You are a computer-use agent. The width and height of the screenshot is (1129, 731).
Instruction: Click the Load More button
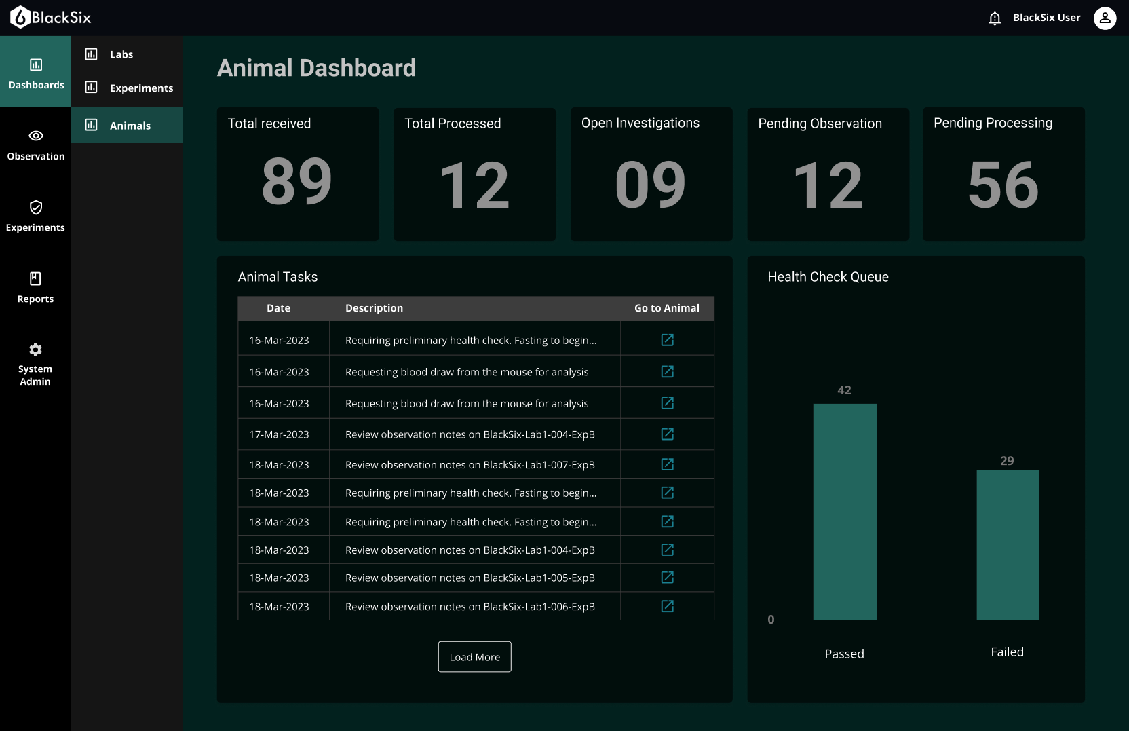click(x=474, y=657)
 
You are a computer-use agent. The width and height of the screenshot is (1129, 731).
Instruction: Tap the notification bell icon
click(x=995, y=18)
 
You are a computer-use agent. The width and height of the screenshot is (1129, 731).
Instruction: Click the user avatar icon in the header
click(x=1105, y=18)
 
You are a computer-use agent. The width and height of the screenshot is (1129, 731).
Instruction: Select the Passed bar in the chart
click(x=845, y=512)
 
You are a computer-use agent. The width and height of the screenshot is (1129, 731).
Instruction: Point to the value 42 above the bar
click(x=844, y=390)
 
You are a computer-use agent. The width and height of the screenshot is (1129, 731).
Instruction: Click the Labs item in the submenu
click(x=121, y=54)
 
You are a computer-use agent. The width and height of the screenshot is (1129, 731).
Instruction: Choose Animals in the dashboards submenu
click(x=130, y=126)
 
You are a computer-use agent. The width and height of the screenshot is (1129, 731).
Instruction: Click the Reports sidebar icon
click(x=35, y=279)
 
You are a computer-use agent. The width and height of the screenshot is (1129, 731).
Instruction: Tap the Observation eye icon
click(x=36, y=136)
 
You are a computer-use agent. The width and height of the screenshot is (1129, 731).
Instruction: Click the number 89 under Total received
click(x=297, y=181)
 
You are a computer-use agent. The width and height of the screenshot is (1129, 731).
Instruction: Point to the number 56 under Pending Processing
click(x=1003, y=185)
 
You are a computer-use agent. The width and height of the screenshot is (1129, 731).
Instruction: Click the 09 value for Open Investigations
click(x=650, y=185)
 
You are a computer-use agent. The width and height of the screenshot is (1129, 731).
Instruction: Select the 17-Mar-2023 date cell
click(x=279, y=434)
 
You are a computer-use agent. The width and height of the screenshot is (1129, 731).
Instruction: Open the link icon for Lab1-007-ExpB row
click(x=668, y=464)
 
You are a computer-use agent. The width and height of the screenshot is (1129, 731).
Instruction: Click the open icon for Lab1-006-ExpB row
click(x=668, y=606)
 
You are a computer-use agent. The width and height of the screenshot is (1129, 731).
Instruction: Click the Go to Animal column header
click(x=666, y=308)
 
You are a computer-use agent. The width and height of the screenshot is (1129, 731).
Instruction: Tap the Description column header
click(x=374, y=308)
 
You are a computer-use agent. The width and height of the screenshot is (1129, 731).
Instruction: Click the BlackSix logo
click(x=51, y=18)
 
